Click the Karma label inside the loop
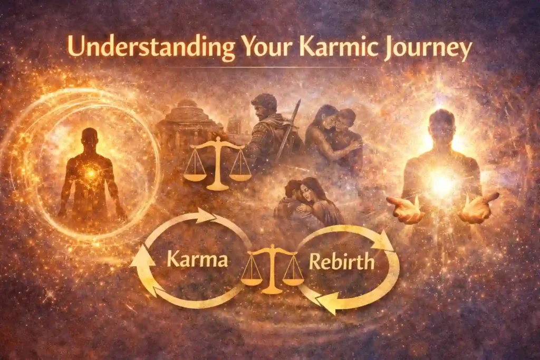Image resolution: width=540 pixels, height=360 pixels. (x=197, y=260)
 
